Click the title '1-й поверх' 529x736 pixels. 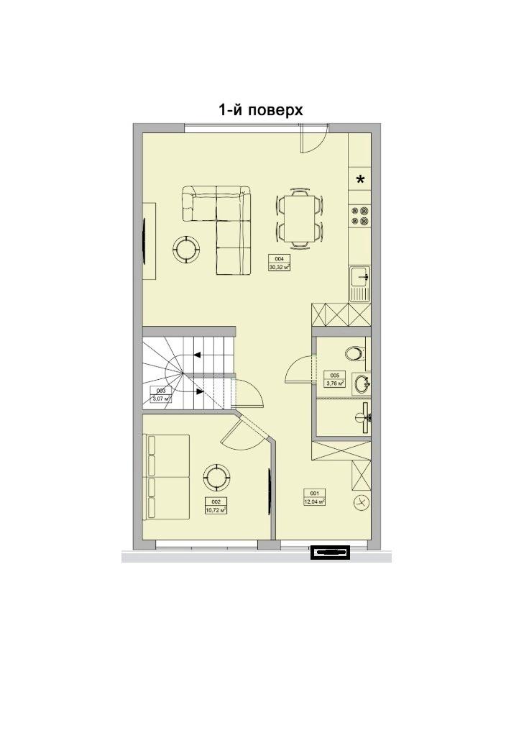point(260,109)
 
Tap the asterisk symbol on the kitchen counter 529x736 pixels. point(360,180)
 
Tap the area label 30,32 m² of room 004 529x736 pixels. point(279,266)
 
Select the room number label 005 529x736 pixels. point(334,376)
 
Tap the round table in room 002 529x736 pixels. point(216,476)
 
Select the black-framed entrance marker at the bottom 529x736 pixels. point(329,552)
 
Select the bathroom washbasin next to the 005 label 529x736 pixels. point(361,383)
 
